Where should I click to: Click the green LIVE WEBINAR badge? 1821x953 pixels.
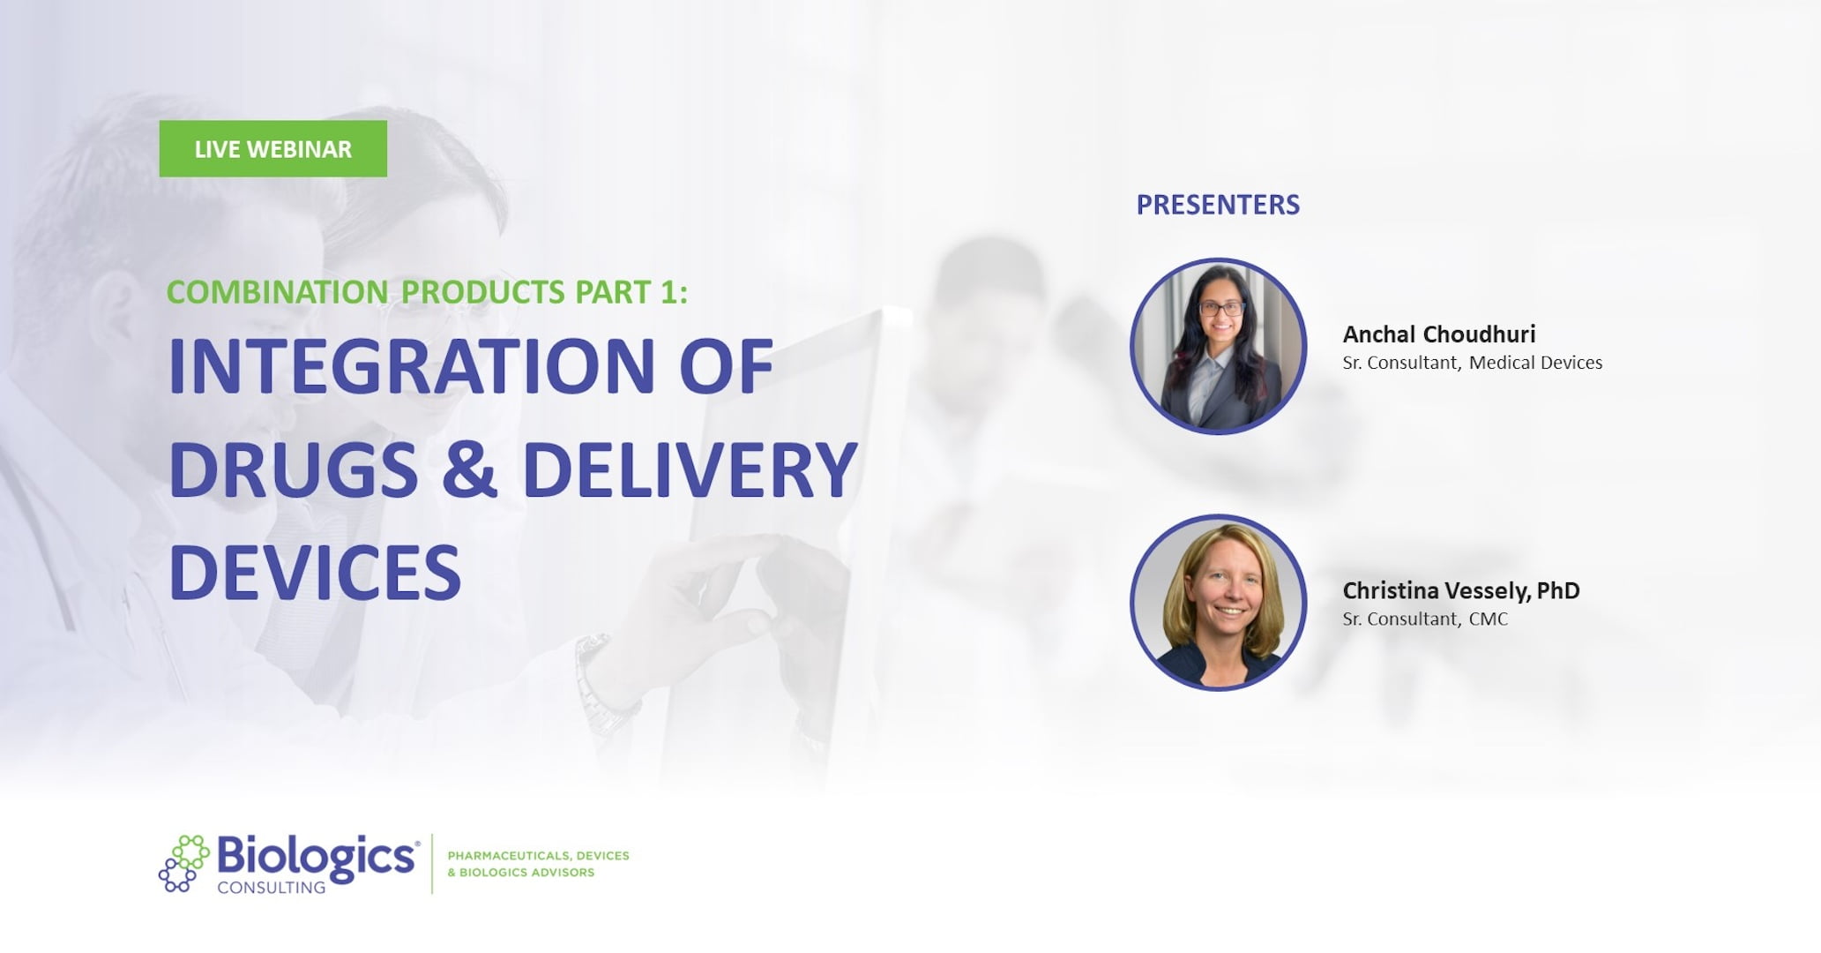pyautogui.click(x=272, y=149)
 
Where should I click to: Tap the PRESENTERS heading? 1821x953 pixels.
pyautogui.click(x=1217, y=205)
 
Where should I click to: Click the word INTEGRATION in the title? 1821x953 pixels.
pyautogui.click(x=411, y=366)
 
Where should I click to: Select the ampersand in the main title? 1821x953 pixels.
pyautogui.click(x=469, y=469)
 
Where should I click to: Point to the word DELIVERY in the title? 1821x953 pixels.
pyautogui.click(x=690, y=469)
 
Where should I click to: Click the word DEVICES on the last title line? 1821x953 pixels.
pyautogui.click(x=315, y=573)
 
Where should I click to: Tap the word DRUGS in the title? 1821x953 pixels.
pyautogui.click(x=293, y=469)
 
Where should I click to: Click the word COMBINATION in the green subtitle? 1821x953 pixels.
pyautogui.click(x=277, y=292)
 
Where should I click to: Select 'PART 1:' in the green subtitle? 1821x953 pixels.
pyautogui.click(x=631, y=292)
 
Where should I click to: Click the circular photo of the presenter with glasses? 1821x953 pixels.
pyautogui.click(x=1218, y=346)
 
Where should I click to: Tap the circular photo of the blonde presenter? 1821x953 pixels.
pyautogui.click(x=1218, y=602)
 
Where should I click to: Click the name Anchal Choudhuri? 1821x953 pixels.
pyautogui.click(x=1438, y=334)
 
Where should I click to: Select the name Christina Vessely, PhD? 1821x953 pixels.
pyautogui.click(x=1460, y=590)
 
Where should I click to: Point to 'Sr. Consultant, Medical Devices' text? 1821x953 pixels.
pyautogui.click(x=1472, y=363)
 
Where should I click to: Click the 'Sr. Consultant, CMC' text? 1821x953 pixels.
pyautogui.click(x=1425, y=619)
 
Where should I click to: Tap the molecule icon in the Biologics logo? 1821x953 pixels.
pyautogui.click(x=183, y=863)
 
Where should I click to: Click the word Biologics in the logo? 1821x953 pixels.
pyautogui.click(x=316, y=856)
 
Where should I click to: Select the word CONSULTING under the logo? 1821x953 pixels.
pyautogui.click(x=271, y=888)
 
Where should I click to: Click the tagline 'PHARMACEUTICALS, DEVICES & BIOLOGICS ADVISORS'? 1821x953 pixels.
pyautogui.click(x=538, y=864)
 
